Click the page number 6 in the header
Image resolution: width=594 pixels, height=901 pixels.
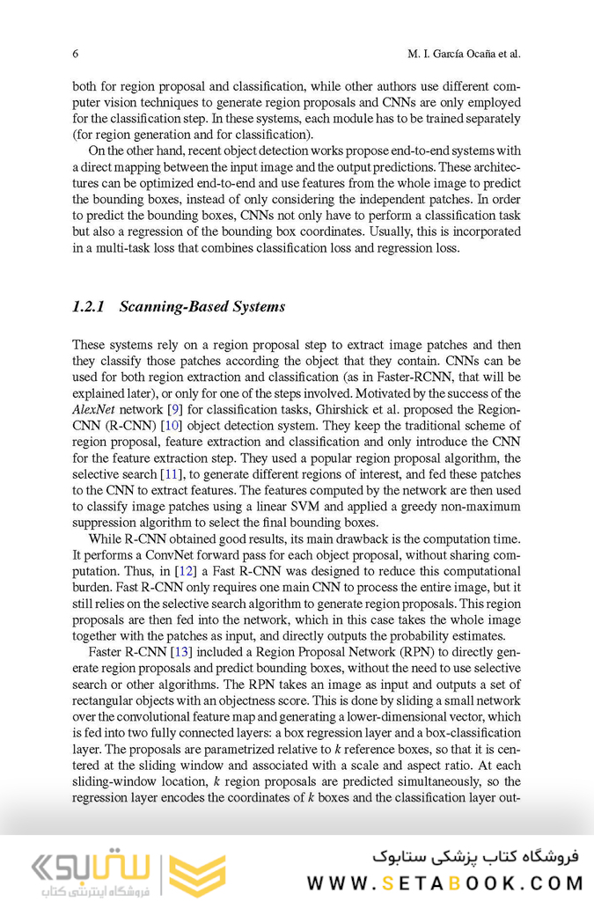point(76,54)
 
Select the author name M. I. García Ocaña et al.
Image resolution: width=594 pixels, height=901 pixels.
point(464,54)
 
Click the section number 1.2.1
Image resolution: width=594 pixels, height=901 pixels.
point(89,307)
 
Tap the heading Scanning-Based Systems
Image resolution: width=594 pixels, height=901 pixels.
point(202,307)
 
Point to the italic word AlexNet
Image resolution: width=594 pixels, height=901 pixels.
point(95,410)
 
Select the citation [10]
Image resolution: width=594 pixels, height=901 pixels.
point(171,427)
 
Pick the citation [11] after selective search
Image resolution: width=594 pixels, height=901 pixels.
point(170,474)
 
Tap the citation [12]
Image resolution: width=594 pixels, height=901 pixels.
point(186,571)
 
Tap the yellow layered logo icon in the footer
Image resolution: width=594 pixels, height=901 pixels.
point(195,872)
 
